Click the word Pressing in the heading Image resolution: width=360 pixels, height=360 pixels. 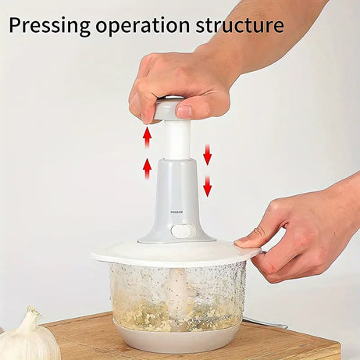tap(48, 25)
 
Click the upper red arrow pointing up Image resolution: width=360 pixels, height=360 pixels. tap(146, 137)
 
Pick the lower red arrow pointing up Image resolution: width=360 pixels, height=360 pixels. tap(146, 168)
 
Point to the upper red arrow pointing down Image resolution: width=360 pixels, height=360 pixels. tap(208, 154)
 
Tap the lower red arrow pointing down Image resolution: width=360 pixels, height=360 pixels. tap(208, 186)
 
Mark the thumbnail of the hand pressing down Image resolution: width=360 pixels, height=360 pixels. tap(184, 110)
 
